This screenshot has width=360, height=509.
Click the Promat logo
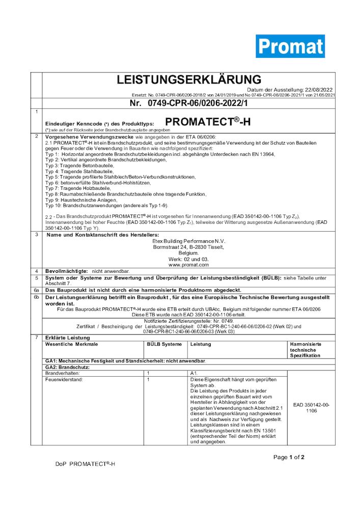point(290,46)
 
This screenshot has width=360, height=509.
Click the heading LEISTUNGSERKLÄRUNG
point(189,80)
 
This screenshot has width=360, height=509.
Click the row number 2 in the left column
point(36,136)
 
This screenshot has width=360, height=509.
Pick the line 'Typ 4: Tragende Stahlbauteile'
point(80,172)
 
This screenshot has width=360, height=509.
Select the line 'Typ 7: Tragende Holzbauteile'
point(79,188)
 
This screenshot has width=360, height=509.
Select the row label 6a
point(36,289)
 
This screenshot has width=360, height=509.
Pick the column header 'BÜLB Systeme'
point(164,345)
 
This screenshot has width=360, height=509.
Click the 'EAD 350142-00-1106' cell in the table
point(312,407)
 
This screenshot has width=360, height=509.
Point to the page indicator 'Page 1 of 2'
point(289,457)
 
